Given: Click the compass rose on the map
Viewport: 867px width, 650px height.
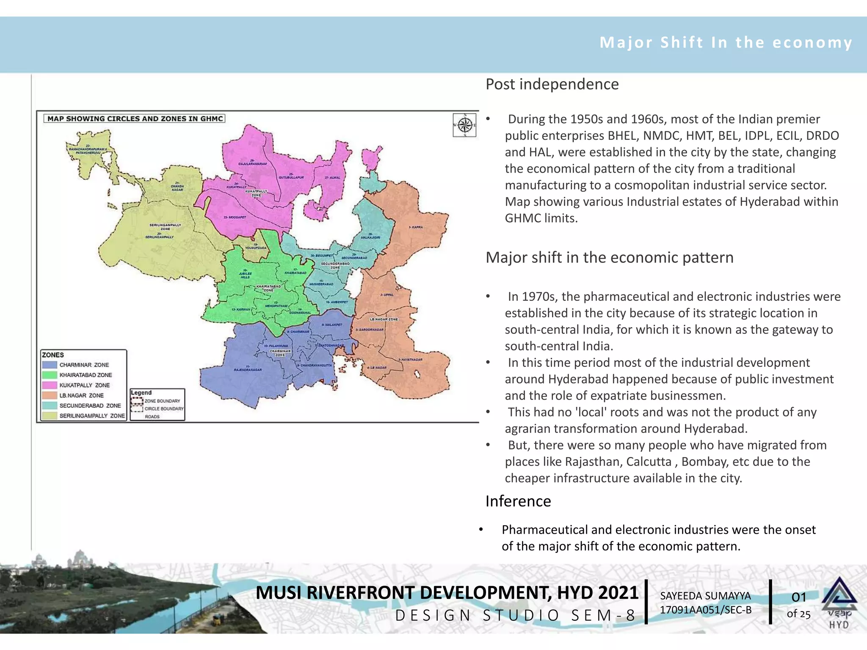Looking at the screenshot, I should pyautogui.click(x=465, y=125).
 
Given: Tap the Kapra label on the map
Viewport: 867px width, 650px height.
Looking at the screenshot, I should pyautogui.click(x=416, y=227).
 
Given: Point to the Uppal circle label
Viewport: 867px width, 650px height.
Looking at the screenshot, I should pyautogui.click(x=387, y=295).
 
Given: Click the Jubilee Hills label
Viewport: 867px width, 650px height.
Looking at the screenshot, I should pyautogui.click(x=246, y=275).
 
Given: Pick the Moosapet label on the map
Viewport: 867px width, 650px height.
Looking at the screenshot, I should pyautogui.click(x=235, y=218).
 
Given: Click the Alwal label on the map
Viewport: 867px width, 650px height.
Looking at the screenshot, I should pyautogui.click(x=332, y=178).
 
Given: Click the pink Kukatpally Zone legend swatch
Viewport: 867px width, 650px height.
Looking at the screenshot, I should pyautogui.click(x=50, y=385).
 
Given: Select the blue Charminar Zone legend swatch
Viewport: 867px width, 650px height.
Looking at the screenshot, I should pyautogui.click(x=50, y=365).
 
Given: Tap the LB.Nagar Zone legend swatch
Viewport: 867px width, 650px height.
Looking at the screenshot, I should pyautogui.click(x=50, y=395).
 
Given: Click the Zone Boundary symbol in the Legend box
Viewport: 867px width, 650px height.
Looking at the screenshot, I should pyautogui.click(x=137, y=401).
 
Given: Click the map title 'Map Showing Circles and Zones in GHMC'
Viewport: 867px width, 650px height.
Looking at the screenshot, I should pyautogui.click(x=135, y=119).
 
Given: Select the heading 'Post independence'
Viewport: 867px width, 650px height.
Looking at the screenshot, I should pyautogui.click(x=552, y=84).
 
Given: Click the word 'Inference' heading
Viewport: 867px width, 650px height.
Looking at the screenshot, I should pyautogui.click(x=518, y=501).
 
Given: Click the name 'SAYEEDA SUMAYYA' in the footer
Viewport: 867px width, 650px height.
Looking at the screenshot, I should pyautogui.click(x=705, y=596).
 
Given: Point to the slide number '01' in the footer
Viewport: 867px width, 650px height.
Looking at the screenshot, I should pyautogui.click(x=798, y=597).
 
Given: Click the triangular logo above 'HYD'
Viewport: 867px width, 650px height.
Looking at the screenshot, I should pyautogui.click(x=839, y=592).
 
